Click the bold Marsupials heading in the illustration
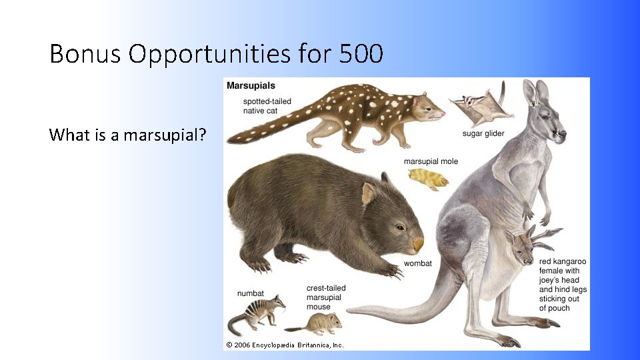click(251, 86)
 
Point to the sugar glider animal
click(479, 106)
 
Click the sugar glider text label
click(483, 134)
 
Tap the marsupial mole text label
click(431, 161)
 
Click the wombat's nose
click(417, 245)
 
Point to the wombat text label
click(417, 263)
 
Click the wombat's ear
click(369, 193)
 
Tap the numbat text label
click(251, 293)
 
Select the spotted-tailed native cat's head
click(427, 107)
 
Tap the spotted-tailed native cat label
click(267, 106)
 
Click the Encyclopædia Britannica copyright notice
click(285, 345)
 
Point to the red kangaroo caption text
click(563, 285)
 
